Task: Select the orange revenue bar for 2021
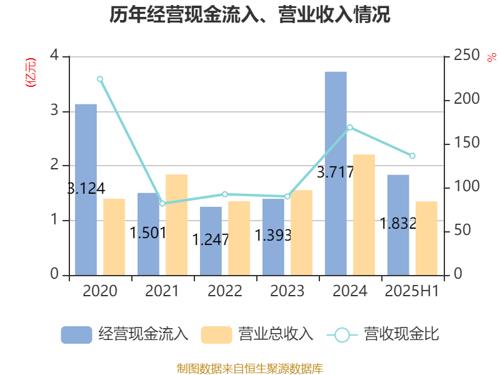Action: [176, 224]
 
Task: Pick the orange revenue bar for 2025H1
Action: [426, 238]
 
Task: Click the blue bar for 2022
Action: [211, 241]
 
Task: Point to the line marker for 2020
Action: [100, 79]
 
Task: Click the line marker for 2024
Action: [350, 127]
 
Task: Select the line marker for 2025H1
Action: [412, 156]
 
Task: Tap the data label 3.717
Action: [336, 172]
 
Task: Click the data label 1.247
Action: [211, 239]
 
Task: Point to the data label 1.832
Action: [398, 223]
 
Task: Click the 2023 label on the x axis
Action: [287, 291]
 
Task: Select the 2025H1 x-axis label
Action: [412, 291]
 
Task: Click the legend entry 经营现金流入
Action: [125, 334]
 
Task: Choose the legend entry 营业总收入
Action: [257, 334]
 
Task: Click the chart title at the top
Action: [250, 15]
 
